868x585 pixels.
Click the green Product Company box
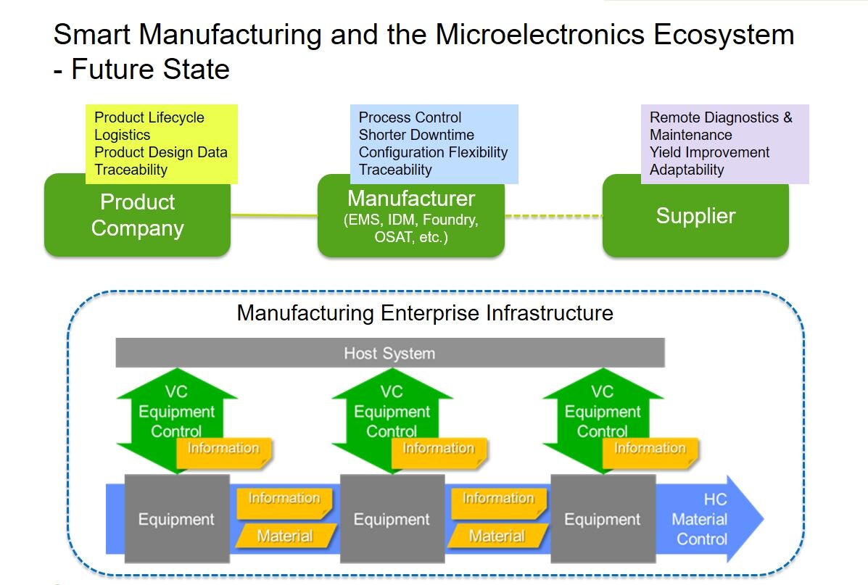pos(137,216)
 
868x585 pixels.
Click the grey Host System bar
pos(389,354)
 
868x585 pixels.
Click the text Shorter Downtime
pos(416,135)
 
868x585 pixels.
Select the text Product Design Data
pos(161,152)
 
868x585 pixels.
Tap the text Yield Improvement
pos(709,152)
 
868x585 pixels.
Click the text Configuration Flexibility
pos(433,152)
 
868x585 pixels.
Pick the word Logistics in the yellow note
pos(123,135)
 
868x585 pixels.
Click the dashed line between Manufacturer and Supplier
pos(553,215)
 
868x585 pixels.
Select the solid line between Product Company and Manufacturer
pos(274,215)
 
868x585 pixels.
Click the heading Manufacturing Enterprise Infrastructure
pos(425,313)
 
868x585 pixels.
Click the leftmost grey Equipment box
pos(176,519)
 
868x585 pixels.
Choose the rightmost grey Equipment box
pos(603,519)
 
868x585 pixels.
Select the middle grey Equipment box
pos(392,519)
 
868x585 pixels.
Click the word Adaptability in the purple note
pos(687,170)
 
